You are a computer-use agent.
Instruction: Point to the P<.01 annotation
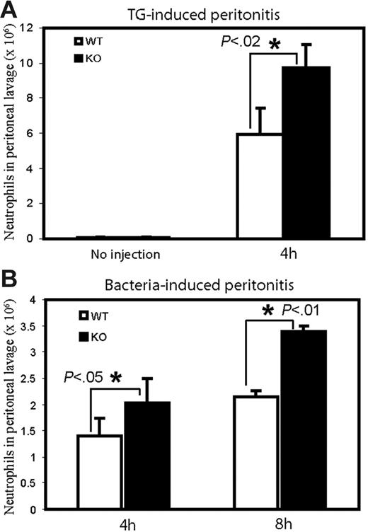pos(306,308)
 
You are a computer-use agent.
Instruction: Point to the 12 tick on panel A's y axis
pos(30,28)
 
